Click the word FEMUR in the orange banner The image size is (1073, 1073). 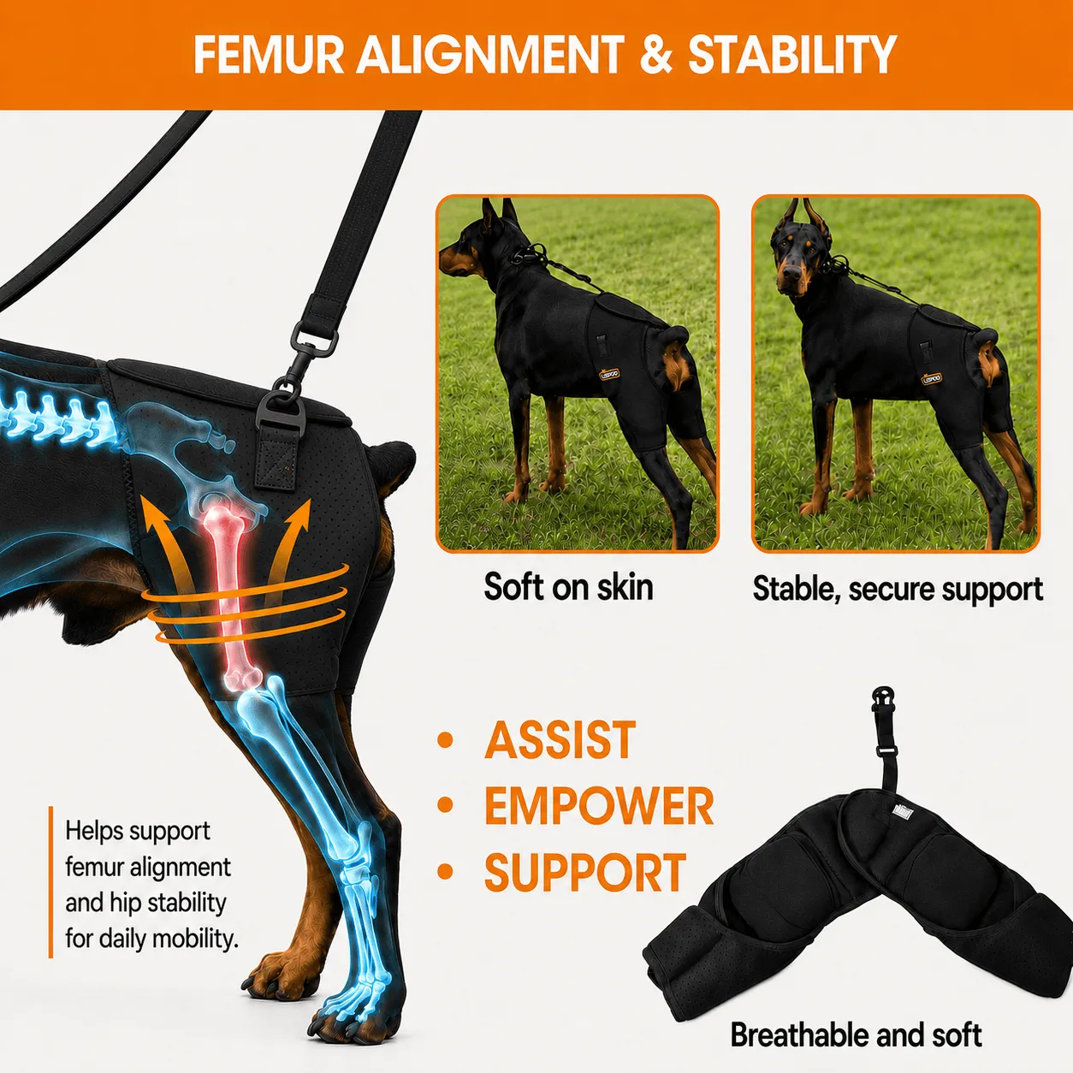click(269, 55)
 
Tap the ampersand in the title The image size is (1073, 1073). click(656, 55)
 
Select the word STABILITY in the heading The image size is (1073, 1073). click(791, 55)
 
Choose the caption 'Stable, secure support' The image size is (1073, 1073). click(898, 589)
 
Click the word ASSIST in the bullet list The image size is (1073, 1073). click(560, 740)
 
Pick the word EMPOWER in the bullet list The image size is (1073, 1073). click(599, 806)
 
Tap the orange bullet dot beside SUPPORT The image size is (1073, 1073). click(445, 871)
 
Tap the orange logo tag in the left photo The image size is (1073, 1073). click(609, 374)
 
